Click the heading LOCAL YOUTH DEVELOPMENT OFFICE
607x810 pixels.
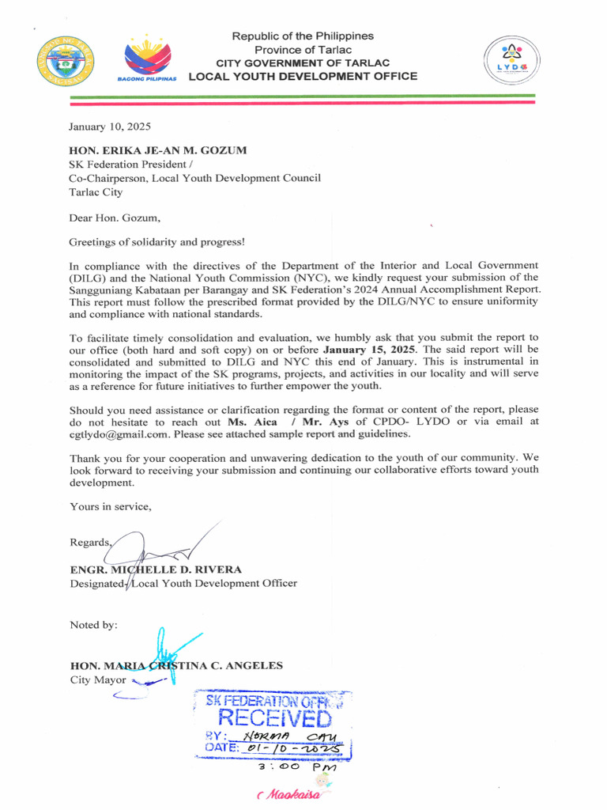tap(303, 77)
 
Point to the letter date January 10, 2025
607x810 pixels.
tap(109, 127)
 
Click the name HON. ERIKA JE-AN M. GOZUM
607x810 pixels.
tap(158, 150)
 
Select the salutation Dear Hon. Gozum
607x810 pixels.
tap(114, 218)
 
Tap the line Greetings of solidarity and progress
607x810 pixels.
tap(156, 241)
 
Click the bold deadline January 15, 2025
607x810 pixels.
tap(371, 349)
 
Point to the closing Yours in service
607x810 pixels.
tap(110, 506)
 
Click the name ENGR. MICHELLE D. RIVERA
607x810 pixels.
tap(156, 570)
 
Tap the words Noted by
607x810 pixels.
tap(93, 625)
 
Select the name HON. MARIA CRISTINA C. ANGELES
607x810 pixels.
tap(176, 665)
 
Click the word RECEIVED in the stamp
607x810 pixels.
tap(274, 718)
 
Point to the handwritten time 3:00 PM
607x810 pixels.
tap(297, 767)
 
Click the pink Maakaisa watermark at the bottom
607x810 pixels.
tap(289, 794)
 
